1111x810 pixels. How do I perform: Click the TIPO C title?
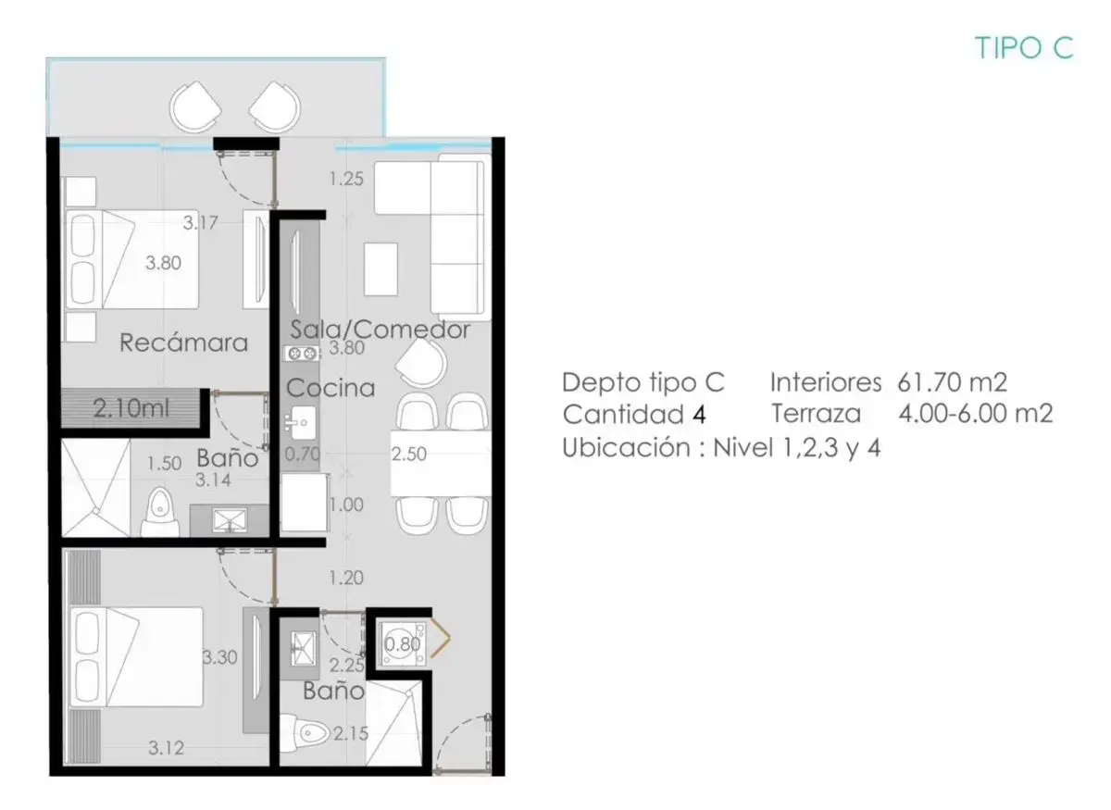tap(1024, 48)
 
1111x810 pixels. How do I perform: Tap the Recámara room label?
tap(183, 343)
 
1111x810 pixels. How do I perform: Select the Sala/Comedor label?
tap(380, 330)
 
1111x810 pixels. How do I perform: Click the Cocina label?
tap(331, 388)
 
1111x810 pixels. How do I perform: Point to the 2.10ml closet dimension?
tap(131, 409)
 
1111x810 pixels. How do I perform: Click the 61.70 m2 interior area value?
tap(953, 382)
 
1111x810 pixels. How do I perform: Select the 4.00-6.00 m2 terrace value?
tap(976, 413)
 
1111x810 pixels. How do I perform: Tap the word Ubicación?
tap(627, 447)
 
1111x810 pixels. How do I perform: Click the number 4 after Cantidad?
tap(699, 414)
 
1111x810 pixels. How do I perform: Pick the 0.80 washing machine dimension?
tap(402, 644)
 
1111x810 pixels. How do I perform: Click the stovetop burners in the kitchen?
tap(302, 354)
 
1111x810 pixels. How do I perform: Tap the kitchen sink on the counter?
tap(303, 423)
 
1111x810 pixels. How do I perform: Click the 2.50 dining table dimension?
tap(408, 454)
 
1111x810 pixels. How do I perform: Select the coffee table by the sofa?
tap(381, 269)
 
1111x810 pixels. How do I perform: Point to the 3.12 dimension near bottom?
tap(166, 748)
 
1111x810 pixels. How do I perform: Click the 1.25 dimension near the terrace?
tap(346, 179)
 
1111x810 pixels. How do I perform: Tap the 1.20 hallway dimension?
tap(346, 578)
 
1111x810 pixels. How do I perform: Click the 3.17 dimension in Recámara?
tap(200, 223)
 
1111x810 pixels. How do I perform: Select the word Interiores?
tap(826, 382)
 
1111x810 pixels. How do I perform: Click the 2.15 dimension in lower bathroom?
tap(351, 733)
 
